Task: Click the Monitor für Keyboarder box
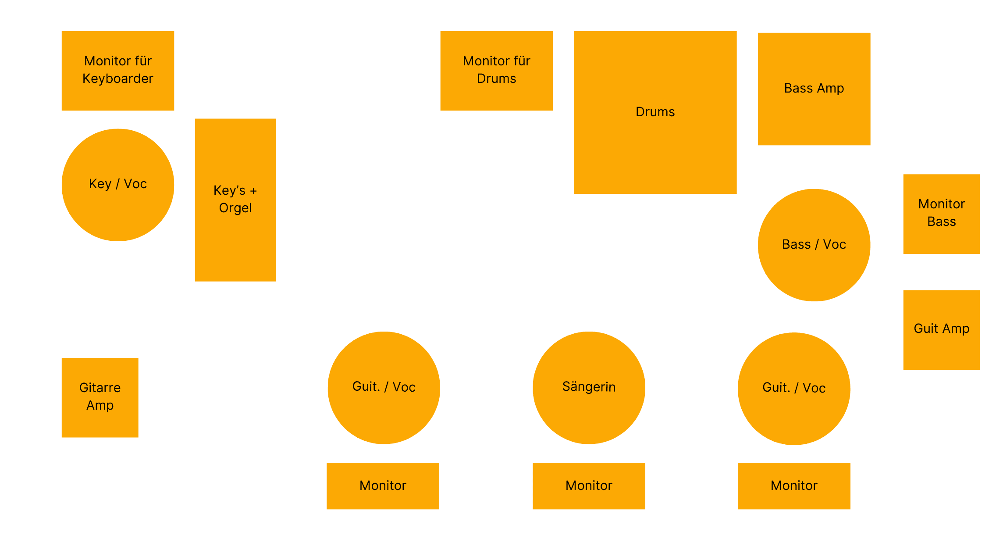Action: click(118, 71)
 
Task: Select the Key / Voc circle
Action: click(118, 185)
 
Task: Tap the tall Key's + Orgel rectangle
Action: click(235, 200)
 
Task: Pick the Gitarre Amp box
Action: click(100, 397)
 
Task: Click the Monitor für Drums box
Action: click(497, 71)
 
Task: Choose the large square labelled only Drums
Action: click(655, 112)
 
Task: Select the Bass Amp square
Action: click(814, 89)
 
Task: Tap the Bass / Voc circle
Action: click(814, 245)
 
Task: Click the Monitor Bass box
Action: click(942, 214)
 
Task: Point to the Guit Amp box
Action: click(942, 330)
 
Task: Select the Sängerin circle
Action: click(589, 388)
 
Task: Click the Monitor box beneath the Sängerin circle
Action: click(589, 486)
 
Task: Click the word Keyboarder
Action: click(118, 79)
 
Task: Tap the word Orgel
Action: click(235, 208)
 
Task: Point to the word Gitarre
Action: click(100, 388)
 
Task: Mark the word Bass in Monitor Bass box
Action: click(942, 221)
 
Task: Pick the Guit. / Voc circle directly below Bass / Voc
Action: click(794, 389)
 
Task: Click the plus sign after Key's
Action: click(253, 191)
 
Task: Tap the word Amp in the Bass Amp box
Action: click(830, 89)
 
